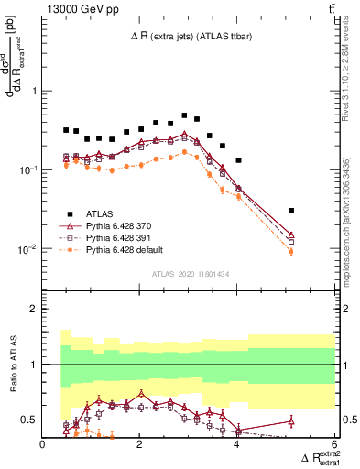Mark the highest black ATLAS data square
click(x=184, y=116)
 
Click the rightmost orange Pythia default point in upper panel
click(x=290, y=252)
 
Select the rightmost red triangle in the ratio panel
click(x=290, y=420)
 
